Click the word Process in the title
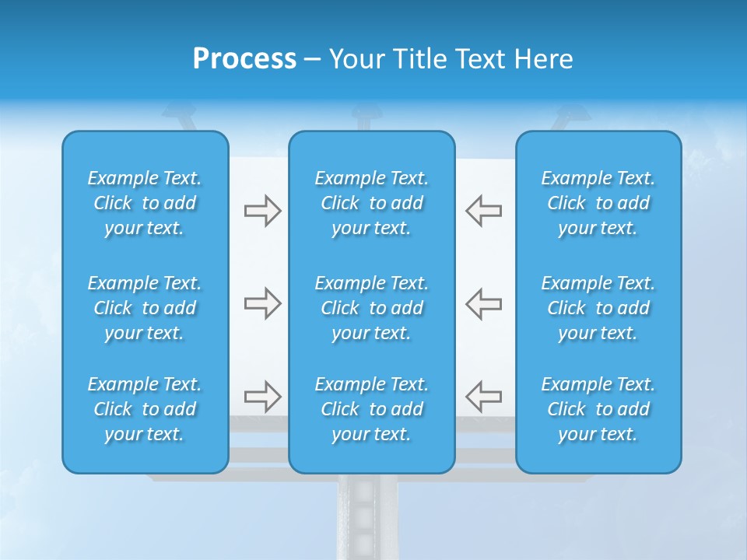click(x=244, y=58)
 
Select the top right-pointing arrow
click(x=262, y=210)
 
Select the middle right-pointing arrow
click(x=262, y=303)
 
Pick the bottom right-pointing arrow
click(x=262, y=397)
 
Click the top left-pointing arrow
click(x=484, y=210)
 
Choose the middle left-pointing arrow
click(x=484, y=303)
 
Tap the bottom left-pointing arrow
click(x=484, y=397)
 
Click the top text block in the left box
click(x=145, y=203)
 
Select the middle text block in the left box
click(x=145, y=308)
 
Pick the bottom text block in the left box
click(x=145, y=409)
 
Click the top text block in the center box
click(x=371, y=203)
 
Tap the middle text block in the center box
click(x=371, y=308)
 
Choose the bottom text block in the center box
click(x=371, y=409)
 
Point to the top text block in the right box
click(x=598, y=203)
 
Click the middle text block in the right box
click(x=598, y=308)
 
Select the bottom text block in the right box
click(x=598, y=409)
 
